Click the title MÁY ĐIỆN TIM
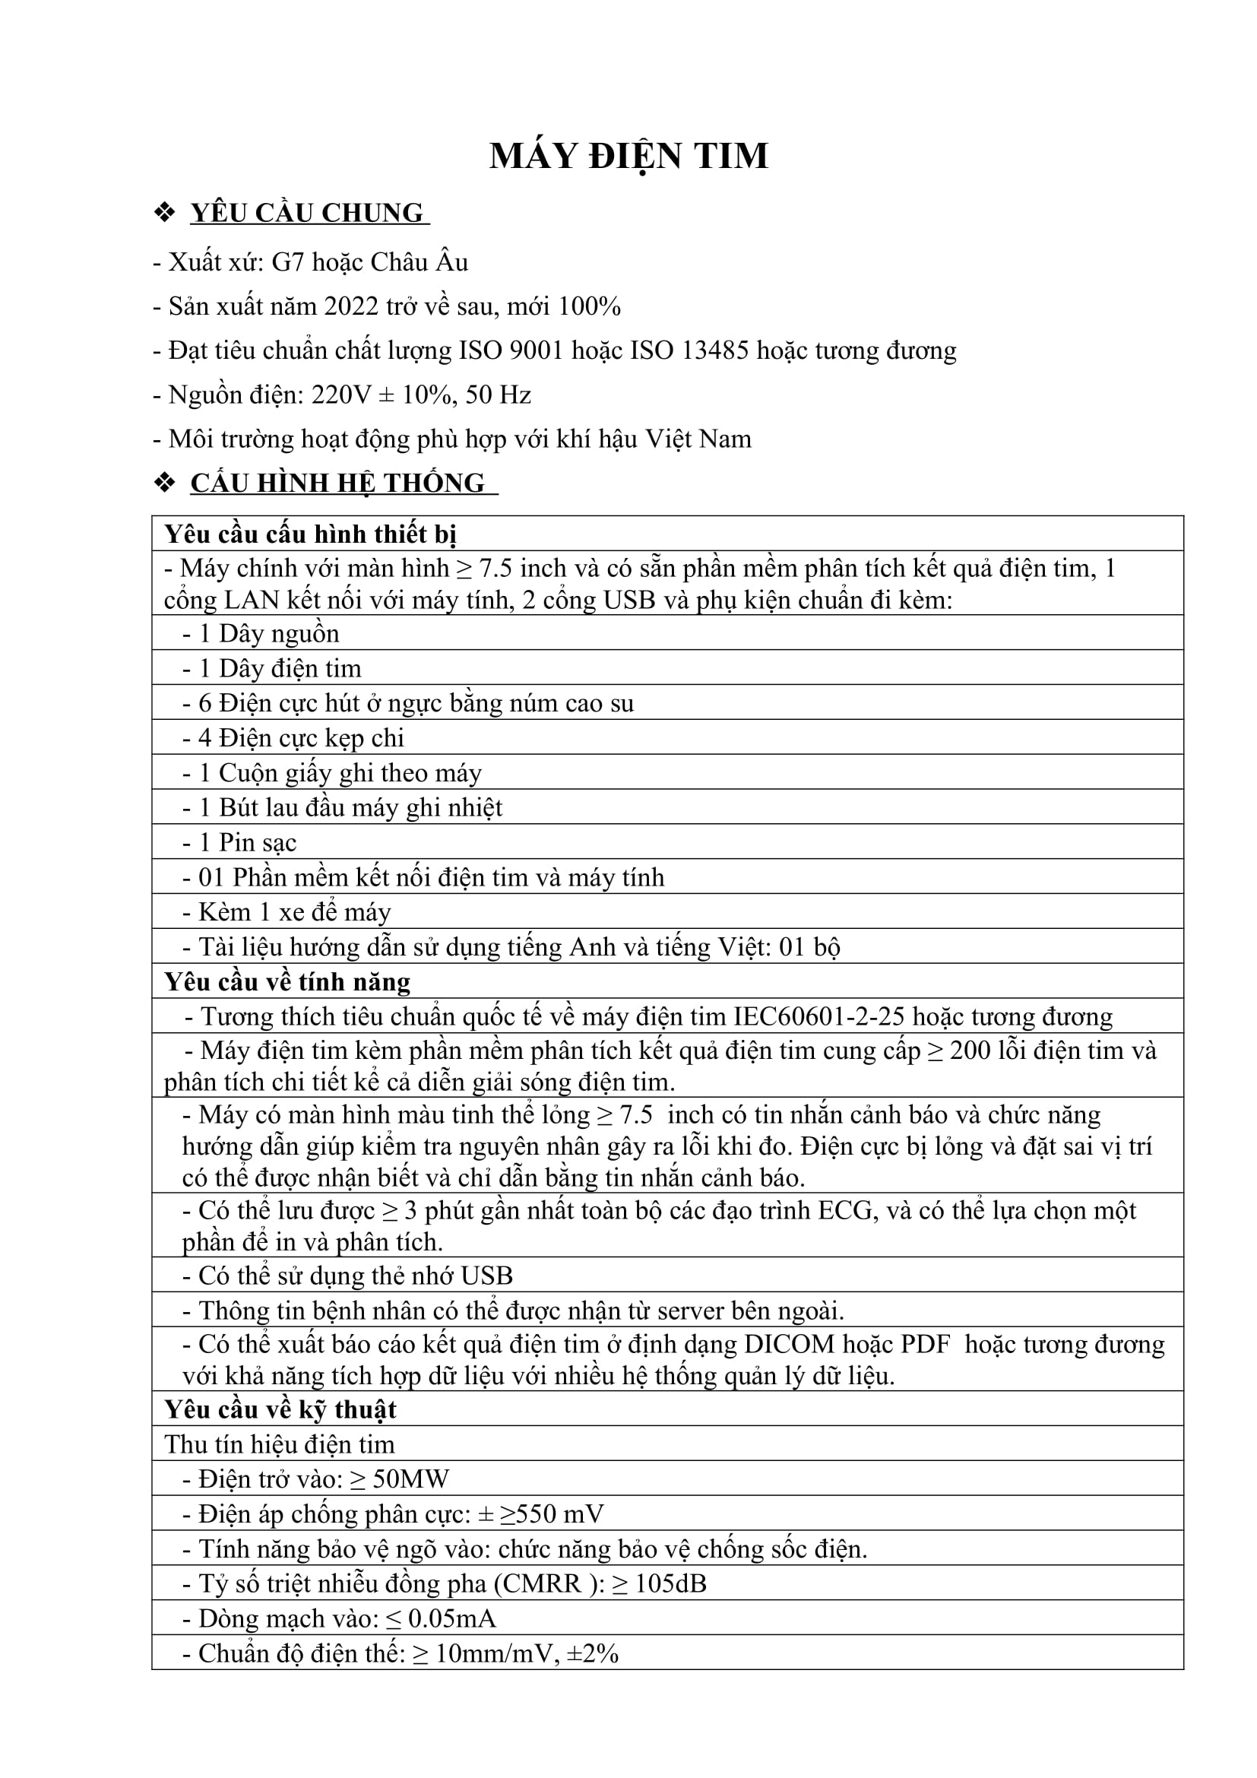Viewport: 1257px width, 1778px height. coord(628,157)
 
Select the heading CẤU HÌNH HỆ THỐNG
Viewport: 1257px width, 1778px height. coord(337,483)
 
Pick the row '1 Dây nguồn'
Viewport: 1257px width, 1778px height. coord(268,633)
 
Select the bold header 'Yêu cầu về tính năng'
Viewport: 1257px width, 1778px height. coord(287,982)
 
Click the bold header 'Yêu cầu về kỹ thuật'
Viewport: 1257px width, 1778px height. coord(280,1409)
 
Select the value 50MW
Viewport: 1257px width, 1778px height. coord(410,1479)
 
